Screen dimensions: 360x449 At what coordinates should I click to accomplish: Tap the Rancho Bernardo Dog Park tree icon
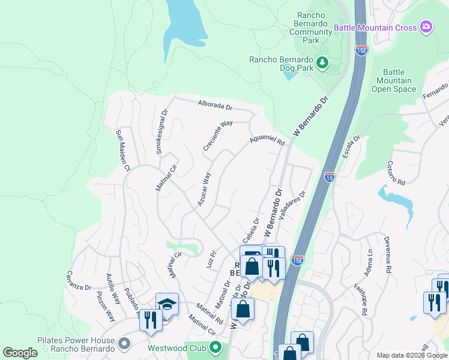click(322, 62)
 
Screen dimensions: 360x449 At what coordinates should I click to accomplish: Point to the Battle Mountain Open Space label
click(394, 80)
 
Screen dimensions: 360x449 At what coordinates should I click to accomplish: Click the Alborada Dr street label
click(215, 106)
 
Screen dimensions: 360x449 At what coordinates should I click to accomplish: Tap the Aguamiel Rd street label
click(267, 140)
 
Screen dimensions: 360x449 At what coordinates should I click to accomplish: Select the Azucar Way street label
click(204, 189)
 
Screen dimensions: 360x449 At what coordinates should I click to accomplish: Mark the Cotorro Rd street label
click(396, 173)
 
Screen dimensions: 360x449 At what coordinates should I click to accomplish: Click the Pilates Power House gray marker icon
click(124, 344)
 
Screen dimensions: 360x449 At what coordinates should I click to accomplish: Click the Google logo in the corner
click(20, 353)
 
